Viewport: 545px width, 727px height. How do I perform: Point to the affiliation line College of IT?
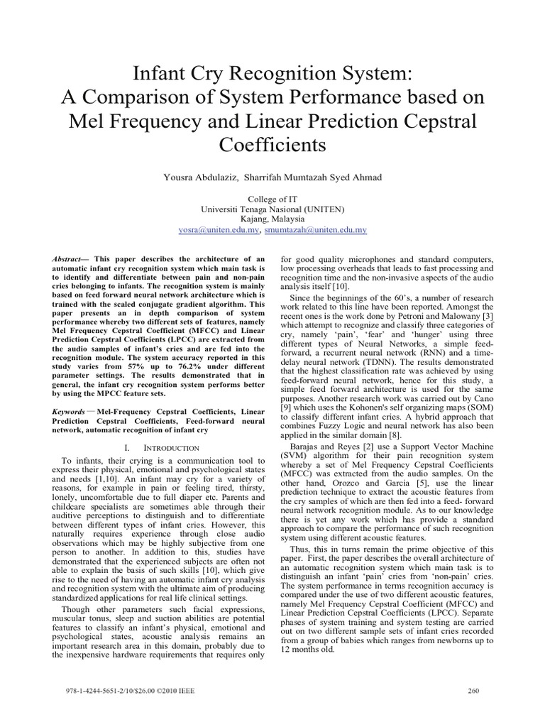[272, 199]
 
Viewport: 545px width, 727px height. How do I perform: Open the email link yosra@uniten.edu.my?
[219, 230]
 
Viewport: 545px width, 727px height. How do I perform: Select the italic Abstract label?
[68, 261]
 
